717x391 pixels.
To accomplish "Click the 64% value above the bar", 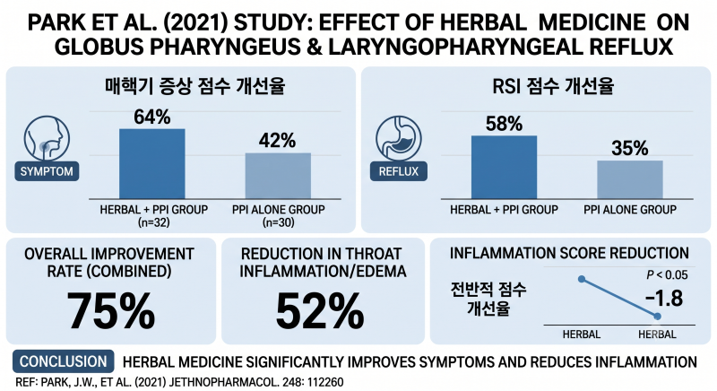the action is coord(151,117).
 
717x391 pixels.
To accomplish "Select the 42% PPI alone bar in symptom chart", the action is coord(278,176).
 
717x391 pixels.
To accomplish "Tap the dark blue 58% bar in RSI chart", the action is coord(504,168).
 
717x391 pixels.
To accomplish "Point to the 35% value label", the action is coord(630,148).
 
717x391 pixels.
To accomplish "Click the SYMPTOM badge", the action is coord(47,171).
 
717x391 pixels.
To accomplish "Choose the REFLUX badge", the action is coord(398,171).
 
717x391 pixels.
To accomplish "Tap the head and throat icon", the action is coord(47,138).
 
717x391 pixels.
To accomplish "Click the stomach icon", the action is coord(398,138).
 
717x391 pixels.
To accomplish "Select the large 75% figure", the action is coord(110,310).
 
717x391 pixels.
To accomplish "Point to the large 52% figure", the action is coord(320,310).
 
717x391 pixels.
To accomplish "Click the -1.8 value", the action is coord(664,298).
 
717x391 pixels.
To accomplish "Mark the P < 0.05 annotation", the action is coord(667,274).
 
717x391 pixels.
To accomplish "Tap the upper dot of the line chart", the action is coord(582,279).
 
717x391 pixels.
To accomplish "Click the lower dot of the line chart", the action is coord(657,316).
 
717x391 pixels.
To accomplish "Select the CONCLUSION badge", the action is coord(63,361).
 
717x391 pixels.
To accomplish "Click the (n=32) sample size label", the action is coord(153,222).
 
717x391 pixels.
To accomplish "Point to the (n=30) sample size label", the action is coord(278,222).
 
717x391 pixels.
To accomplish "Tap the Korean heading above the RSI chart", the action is coord(553,86).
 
